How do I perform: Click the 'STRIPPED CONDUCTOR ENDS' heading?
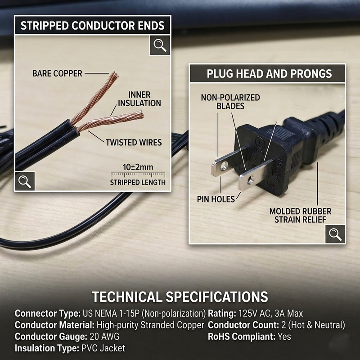click(93, 26)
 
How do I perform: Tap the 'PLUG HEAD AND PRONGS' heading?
click(269, 74)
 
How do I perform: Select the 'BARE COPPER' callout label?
click(57, 73)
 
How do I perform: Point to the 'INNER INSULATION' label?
click(139, 99)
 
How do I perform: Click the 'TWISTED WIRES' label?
click(134, 143)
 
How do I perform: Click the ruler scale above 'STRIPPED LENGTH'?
click(138, 175)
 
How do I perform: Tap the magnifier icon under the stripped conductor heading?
click(160, 45)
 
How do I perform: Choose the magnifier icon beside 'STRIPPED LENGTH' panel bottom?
click(25, 181)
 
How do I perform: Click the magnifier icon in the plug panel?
click(335, 234)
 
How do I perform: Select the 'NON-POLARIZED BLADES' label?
click(230, 102)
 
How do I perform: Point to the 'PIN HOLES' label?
click(216, 199)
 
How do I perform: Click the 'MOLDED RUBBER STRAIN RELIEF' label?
click(300, 216)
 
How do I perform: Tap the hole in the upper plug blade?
click(224, 166)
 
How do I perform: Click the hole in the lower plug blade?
click(250, 181)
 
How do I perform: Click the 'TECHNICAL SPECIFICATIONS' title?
click(180, 297)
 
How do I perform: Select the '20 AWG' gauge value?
click(104, 337)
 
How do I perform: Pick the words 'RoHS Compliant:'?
click(241, 337)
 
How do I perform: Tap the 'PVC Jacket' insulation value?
click(103, 348)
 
